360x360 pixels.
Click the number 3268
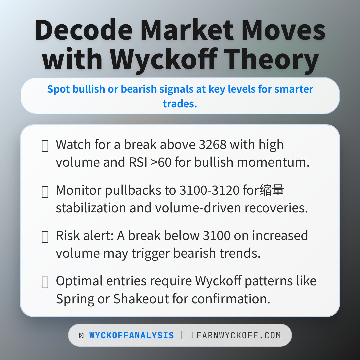[212, 145]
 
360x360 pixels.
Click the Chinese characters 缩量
[273, 190]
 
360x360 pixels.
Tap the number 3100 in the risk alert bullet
[216, 236]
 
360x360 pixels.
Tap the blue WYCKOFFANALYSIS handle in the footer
[131, 335]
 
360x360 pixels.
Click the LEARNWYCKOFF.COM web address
[236, 335]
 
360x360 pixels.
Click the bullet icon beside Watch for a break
[45, 146]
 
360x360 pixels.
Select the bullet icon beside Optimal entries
[45, 282]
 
